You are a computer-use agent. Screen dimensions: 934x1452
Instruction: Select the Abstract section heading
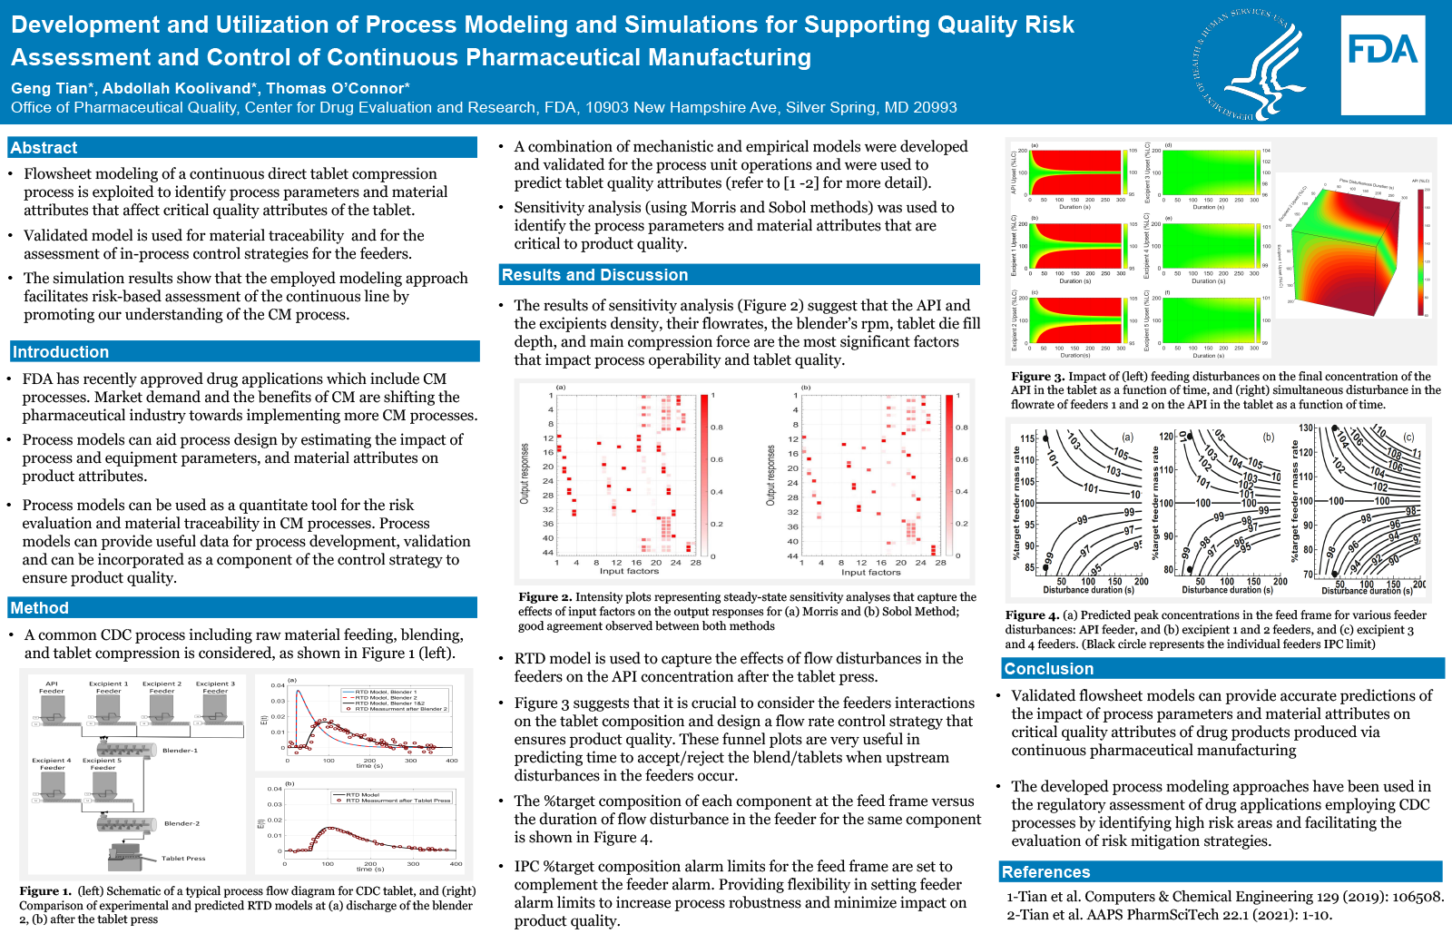44,148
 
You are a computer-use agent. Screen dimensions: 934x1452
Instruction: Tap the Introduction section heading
60,352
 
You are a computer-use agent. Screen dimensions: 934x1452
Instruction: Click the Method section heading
39,608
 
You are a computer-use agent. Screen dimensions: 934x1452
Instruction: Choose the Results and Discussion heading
594,275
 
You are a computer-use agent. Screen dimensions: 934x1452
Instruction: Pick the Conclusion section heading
1048,669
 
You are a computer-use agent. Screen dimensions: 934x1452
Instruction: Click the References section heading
1045,872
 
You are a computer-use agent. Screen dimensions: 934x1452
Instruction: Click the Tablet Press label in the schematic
183,858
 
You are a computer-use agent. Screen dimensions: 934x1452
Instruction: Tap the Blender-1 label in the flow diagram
180,751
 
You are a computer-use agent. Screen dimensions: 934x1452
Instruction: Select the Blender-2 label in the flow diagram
181,823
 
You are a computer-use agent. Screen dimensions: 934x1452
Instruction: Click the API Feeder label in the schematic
52,687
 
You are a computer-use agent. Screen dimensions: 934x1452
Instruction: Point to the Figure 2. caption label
544,597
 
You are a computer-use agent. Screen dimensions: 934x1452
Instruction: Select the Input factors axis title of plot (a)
629,571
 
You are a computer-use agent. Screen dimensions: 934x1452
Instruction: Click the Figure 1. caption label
45,891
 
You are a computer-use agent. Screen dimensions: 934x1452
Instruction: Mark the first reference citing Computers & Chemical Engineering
1224,897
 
